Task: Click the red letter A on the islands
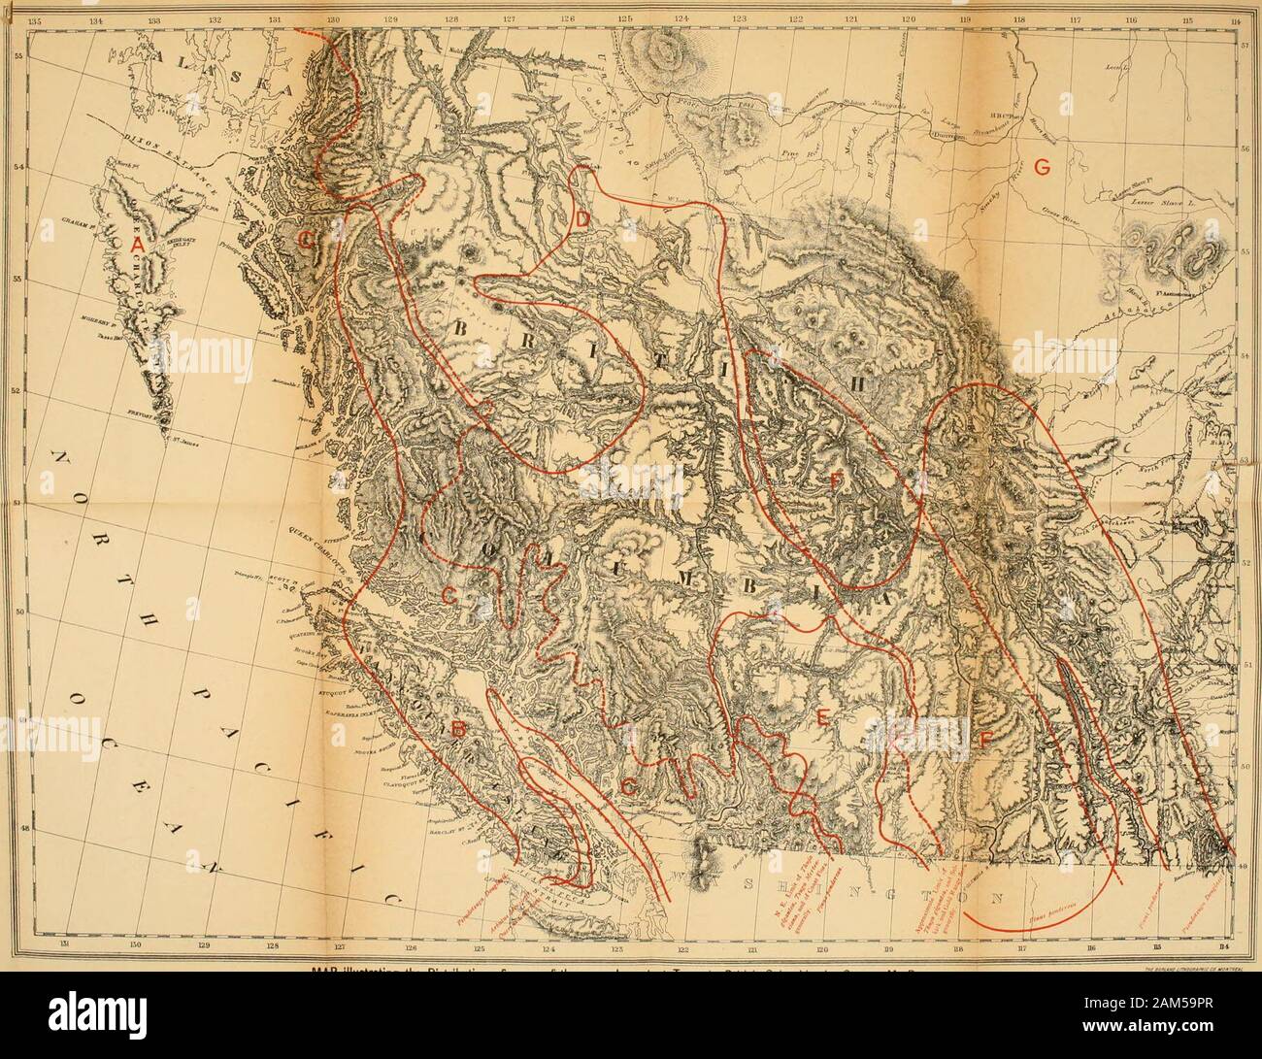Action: click(x=138, y=248)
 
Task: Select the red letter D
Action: click(x=579, y=222)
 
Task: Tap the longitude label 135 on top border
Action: click(x=41, y=19)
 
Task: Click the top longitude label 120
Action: click(x=909, y=19)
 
